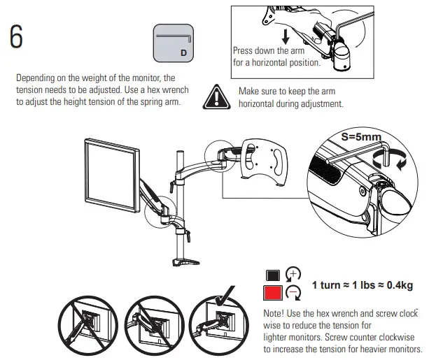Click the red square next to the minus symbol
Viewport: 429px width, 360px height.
(272, 293)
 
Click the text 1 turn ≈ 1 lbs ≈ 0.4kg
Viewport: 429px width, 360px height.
(363, 285)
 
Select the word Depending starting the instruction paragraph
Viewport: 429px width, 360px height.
(36, 78)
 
